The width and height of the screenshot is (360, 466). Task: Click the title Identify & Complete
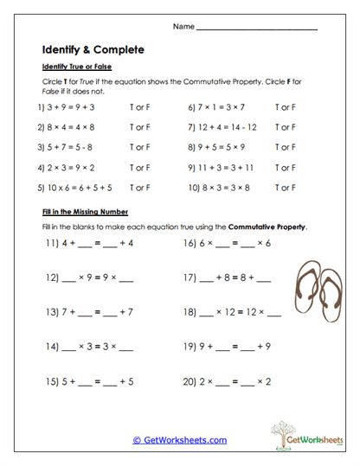coord(93,49)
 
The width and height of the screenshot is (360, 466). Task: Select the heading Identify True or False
coord(76,67)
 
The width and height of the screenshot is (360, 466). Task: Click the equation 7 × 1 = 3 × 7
coord(215,108)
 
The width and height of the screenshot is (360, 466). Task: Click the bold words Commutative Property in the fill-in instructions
coord(267,227)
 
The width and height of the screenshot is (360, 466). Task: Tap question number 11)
coord(52,244)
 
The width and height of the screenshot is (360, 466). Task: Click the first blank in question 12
coord(72,279)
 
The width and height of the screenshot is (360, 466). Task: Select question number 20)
coord(191,380)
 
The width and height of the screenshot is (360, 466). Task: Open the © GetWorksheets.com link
coord(180,439)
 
